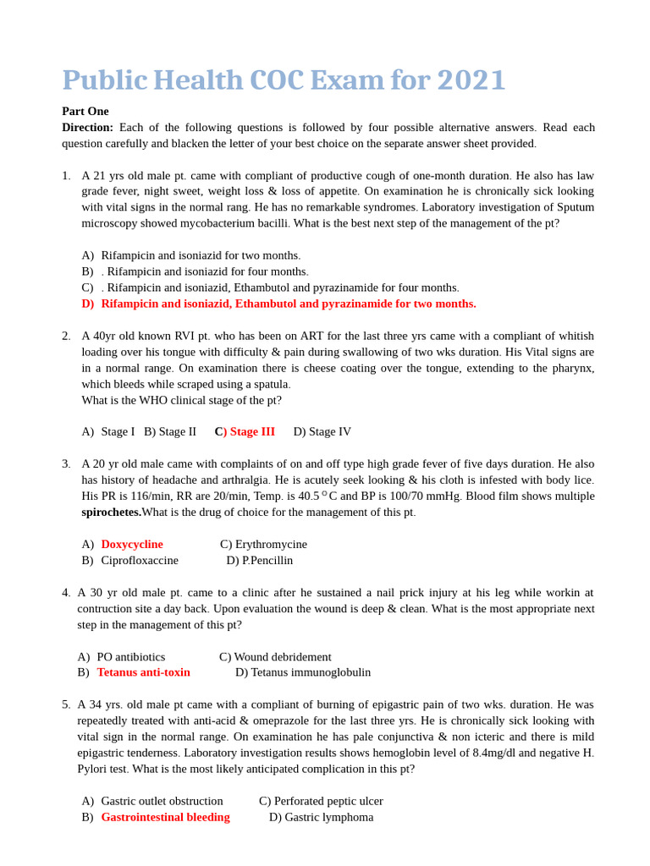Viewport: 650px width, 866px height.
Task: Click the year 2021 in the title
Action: pyautogui.click(x=471, y=80)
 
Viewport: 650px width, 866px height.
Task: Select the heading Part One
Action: pyautogui.click(x=85, y=111)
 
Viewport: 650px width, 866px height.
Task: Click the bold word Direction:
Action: pyautogui.click(x=87, y=127)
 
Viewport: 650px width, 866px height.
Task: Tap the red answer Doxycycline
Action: pyautogui.click(x=132, y=544)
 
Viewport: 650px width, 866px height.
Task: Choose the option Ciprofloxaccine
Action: pyautogui.click(x=140, y=560)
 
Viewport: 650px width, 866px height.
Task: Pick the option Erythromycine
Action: pyautogui.click(x=271, y=544)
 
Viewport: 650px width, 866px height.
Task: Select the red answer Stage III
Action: pyautogui.click(x=251, y=431)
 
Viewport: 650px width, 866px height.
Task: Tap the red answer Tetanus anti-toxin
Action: pyautogui.click(x=143, y=672)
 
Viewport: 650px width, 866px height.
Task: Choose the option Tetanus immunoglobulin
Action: pyautogui.click(x=311, y=672)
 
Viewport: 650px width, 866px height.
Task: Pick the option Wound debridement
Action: pyautogui.click(x=283, y=656)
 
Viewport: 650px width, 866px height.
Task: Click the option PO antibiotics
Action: pyautogui.click(x=131, y=656)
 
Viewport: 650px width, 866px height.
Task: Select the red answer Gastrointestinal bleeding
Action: pyautogui.click(x=165, y=817)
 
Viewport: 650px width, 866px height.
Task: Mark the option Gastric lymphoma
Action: pyautogui.click(x=328, y=817)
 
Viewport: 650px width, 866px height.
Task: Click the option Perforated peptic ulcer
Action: pyautogui.click(x=328, y=801)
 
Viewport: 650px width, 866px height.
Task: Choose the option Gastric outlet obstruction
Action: pyautogui.click(x=162, y=801)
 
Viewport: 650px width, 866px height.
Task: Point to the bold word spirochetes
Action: pyautogui.click(x=111, y=512)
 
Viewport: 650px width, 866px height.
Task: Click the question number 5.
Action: pyautogui.click(x=66, y=704)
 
